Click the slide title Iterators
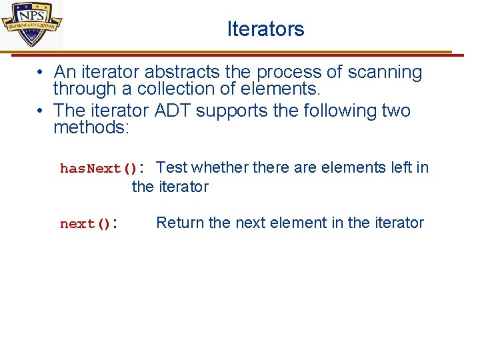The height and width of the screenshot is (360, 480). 265,29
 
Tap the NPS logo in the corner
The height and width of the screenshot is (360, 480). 31,23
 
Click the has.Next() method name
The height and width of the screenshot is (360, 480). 98,169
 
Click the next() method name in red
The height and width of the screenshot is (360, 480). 85,224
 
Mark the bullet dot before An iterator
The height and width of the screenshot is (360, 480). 41,72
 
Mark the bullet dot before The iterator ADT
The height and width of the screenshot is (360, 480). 41,110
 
